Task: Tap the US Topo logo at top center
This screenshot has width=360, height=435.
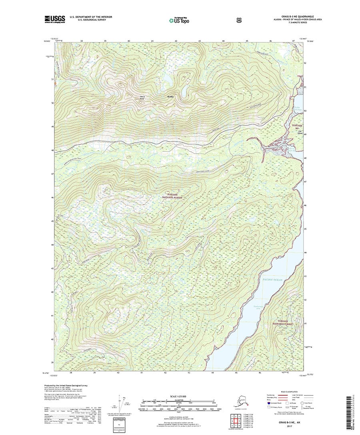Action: click(179, 19)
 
